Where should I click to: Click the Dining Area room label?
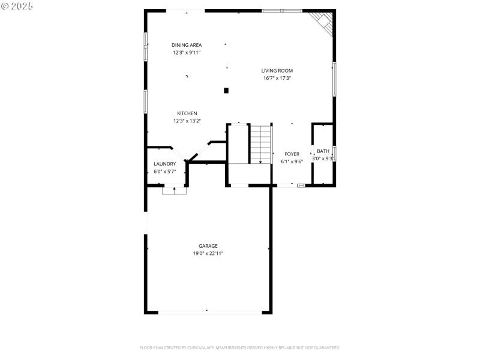point(186,45)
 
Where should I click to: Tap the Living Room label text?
point(277,71)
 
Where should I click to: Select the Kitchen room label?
point(187,113)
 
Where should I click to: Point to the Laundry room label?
point(164,164)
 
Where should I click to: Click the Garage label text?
point(208,245)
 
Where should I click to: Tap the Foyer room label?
point(292,154)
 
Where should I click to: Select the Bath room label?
point(323,151)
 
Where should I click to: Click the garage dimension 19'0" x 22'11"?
point(208,253)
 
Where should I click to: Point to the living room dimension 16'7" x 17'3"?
point(277,78)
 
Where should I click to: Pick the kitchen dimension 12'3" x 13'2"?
point(187,121)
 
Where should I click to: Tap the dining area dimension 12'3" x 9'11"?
point(186,52)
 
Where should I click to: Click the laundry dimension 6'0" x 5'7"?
point(164,171)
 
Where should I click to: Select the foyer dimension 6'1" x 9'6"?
point(292,161)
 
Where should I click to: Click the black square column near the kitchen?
point(226,91)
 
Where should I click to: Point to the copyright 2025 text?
point(17,5)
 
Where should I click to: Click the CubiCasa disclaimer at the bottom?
point(240,347)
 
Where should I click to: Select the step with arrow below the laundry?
point(174,190)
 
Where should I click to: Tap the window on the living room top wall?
point(281,10)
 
